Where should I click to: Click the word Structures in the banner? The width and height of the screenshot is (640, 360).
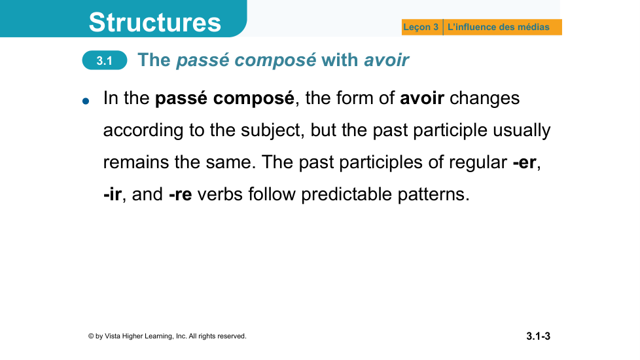coord(154,22)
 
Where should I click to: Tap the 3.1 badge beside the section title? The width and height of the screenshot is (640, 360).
coord(105,60)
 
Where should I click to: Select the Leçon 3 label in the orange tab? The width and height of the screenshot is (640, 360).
coord(421,27)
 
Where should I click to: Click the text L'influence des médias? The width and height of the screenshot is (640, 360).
coord(499,27)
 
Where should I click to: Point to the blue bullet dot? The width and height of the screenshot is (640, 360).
coord(86,101)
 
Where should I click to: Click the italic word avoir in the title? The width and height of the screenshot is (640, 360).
coord(386,60)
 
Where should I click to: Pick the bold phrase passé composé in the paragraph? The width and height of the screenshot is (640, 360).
coord(224,98)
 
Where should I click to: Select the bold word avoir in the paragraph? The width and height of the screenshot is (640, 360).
coord(422,98)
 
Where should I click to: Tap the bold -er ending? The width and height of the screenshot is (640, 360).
coord(524,162)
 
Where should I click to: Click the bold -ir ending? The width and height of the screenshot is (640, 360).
coord(113,194)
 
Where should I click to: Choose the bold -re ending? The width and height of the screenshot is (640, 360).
coord(181,194)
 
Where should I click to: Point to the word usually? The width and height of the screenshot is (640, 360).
coord(522,131)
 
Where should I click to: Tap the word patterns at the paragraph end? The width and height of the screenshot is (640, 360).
coord(433,194)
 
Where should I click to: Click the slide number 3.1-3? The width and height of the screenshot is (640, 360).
coord(538,336)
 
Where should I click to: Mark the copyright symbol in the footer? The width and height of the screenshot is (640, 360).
coord(91,336)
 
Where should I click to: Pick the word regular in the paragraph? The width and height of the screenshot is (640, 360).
coord(478,162)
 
